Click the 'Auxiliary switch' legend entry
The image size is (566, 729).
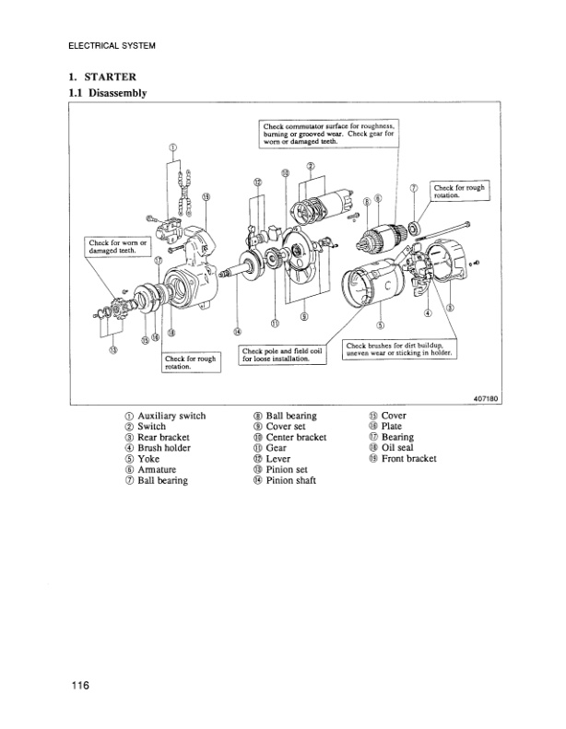pyautogui.click(x=171, y=417)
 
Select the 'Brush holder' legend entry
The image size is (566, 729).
pyautogui.click(x=163, y=449)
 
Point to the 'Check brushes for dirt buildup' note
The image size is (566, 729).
pyautogui.click(x=398, y=349)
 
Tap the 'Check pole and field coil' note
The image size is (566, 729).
pyautogui.click(x=283, y=355)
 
